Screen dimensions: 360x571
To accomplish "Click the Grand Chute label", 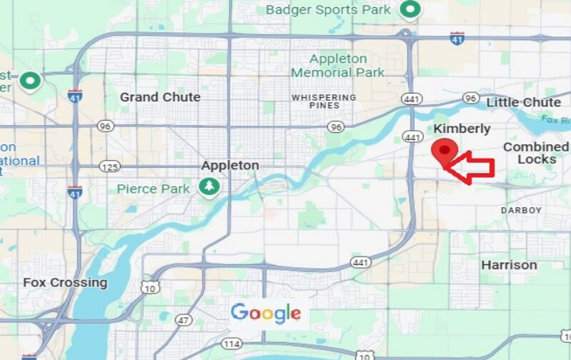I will [160, 97].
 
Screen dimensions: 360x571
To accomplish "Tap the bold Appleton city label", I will [230, 165].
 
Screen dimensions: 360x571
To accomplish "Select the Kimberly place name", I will [463, 129].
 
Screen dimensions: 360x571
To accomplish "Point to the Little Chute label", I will [523, 103].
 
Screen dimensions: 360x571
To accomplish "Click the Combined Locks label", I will [536, 153].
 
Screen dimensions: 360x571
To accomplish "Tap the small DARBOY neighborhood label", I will [521, 211].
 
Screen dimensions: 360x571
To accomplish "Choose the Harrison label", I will [509, 265].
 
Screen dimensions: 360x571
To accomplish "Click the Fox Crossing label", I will [65, 282].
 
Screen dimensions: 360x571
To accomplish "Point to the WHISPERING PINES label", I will [323, 101].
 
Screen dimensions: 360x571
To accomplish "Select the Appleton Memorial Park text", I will [338, 66].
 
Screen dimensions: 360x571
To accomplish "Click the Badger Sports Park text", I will [328, 10].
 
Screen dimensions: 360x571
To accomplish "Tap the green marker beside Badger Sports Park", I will [410, 10].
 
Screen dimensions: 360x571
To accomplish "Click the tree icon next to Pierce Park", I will [209, 187].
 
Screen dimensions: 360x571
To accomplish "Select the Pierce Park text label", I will [153, 189].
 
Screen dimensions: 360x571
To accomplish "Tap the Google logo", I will [266, 313].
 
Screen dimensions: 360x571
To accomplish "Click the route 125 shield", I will [109, 166].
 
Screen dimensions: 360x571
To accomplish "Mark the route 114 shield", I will [230, 344].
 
